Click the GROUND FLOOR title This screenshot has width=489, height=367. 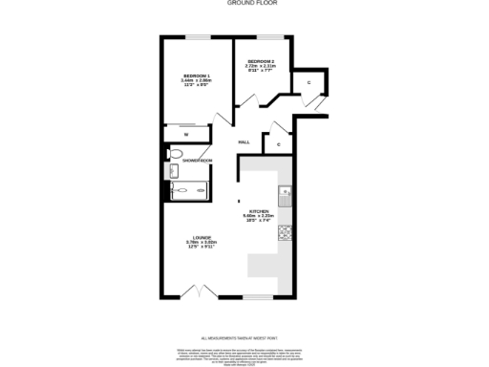tap(244, 3)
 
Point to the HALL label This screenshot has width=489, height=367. tap(244, 141)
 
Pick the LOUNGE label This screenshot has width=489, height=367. tap(202, 240)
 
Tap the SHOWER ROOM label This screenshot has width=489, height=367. tap(197, 161)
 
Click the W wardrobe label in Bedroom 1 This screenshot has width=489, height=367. tap(186, 135)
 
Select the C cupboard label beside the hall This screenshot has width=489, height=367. tap(278, 144)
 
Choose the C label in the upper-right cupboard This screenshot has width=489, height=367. tap(308, 84)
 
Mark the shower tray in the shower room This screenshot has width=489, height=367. tap(186, 192)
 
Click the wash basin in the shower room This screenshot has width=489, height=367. tap(172, 171)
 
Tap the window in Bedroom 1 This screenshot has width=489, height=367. tap(198, 37)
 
